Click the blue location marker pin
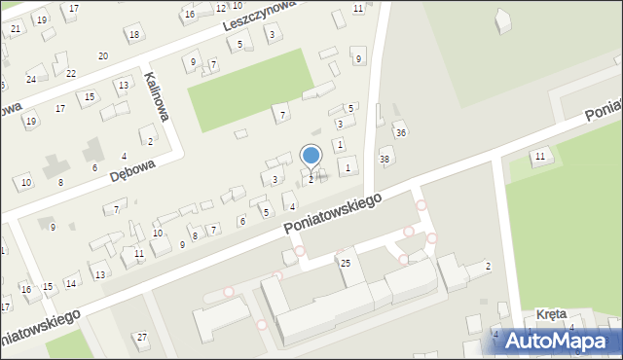[x=311, y=156]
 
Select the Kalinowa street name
[x=156, y=95]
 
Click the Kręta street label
[x=552, y=315]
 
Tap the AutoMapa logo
[x=555, y=341]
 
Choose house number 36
[x=400, y=132]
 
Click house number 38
[x=385, y=159]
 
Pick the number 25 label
[x=345, y=263]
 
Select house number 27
[x=142, y=337]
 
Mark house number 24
[x=31, y=79]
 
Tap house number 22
[x=70, y=73]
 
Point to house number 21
[x=15, y=29]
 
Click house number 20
[x=103, y=56]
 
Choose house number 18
[x=133, y=35]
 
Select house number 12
[x=221, y=8]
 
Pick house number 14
[x=71, y=283]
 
